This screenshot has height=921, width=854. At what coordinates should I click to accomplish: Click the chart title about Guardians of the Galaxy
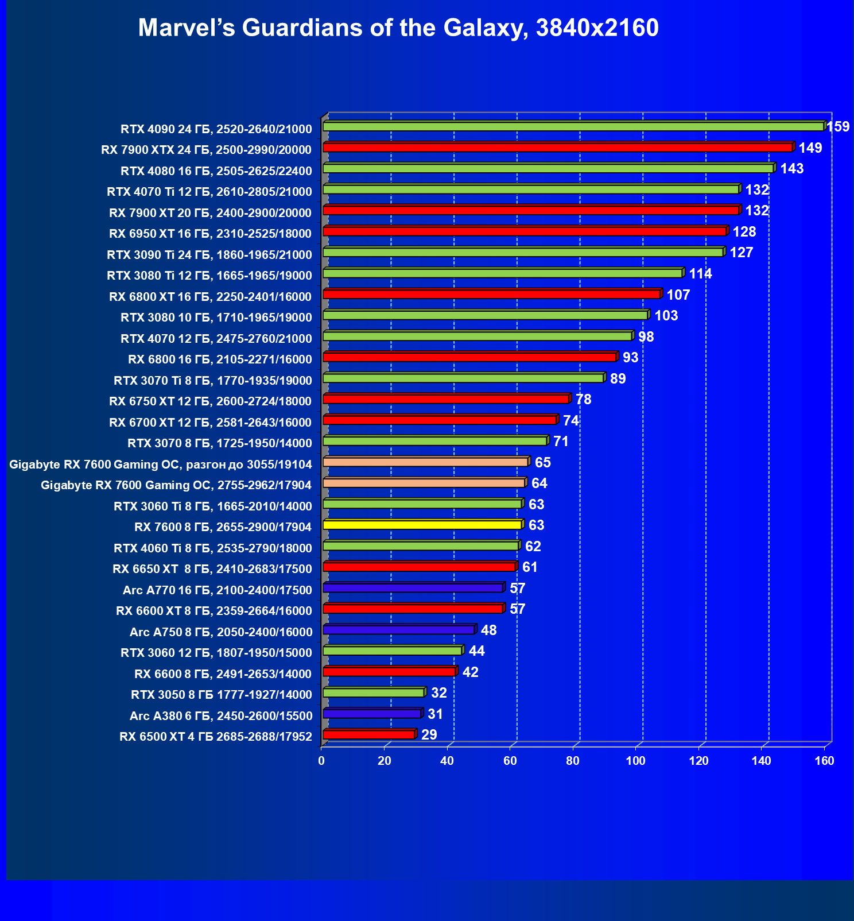tap(398, 28)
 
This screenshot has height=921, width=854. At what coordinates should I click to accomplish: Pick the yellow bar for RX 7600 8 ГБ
tap(422, 525)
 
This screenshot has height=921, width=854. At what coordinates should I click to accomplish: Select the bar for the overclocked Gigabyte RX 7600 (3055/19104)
tap(425, 462)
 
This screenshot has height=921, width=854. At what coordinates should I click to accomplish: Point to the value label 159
tap(839, 126)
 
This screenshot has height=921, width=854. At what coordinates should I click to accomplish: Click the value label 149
tap(810, 148)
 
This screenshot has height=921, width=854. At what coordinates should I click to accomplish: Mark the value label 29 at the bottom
tap(429, 734)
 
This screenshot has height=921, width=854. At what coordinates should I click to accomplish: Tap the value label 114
tap(700, 273)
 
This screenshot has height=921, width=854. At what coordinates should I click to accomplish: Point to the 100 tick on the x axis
tap(635, 761)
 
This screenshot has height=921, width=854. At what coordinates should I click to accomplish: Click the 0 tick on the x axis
tap(321, 761)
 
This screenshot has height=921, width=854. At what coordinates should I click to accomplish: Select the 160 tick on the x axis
tap(824, 761)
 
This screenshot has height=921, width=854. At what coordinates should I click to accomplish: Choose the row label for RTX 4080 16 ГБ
tap(216, 171)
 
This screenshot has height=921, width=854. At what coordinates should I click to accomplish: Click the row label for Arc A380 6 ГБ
tap(221, 715)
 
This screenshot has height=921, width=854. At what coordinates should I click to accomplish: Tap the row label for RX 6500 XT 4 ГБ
tap(216, 737)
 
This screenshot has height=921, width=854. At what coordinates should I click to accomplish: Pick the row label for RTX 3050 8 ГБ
tap(222, 695)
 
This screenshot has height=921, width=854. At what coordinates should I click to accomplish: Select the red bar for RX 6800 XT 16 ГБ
tap(491, 294)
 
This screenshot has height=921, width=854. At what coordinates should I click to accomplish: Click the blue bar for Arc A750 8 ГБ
tap(398, 630)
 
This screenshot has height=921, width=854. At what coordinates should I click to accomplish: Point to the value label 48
tap(488, 630)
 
